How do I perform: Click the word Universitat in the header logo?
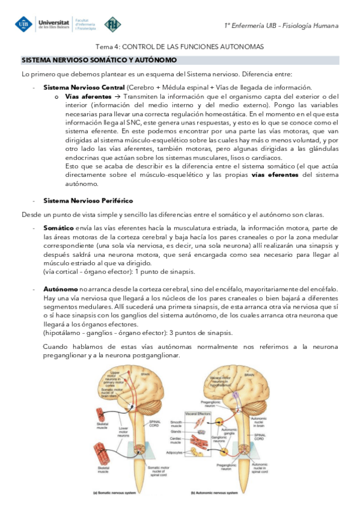click(x=54, y=20)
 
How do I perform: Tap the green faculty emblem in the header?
click(x=112, y=24)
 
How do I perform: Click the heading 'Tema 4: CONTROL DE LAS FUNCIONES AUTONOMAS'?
click(x=180, y=46)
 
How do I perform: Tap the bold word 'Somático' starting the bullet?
click(x=59, y=229)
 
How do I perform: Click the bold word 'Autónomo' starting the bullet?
click(x=60, y=289)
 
